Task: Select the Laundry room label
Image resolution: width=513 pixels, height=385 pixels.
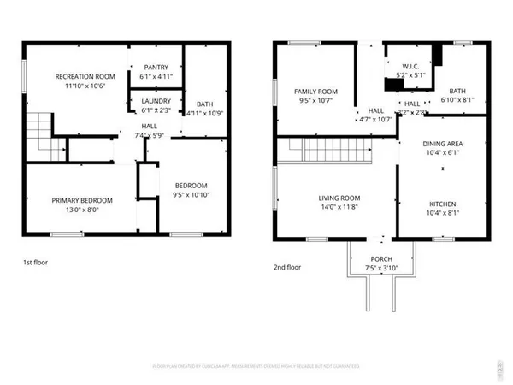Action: tap(154, 100)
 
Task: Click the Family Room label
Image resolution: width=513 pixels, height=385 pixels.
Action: tap(316, 92)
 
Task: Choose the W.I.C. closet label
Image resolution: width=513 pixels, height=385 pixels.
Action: tap(410, 65)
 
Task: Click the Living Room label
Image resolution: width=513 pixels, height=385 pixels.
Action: tap(327, 197)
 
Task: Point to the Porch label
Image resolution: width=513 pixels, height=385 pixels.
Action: tap(381, 259)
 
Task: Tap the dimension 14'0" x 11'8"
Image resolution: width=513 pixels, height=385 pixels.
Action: tap(327, 206)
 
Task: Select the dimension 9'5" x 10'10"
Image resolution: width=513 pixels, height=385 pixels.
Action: tap(191, 195)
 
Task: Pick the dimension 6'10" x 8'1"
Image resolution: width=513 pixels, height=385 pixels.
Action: tap(457, 100)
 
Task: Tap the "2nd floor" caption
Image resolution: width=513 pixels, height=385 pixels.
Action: tap(288, 266)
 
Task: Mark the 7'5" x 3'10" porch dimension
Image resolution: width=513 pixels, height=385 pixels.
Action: tap(381, 269)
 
